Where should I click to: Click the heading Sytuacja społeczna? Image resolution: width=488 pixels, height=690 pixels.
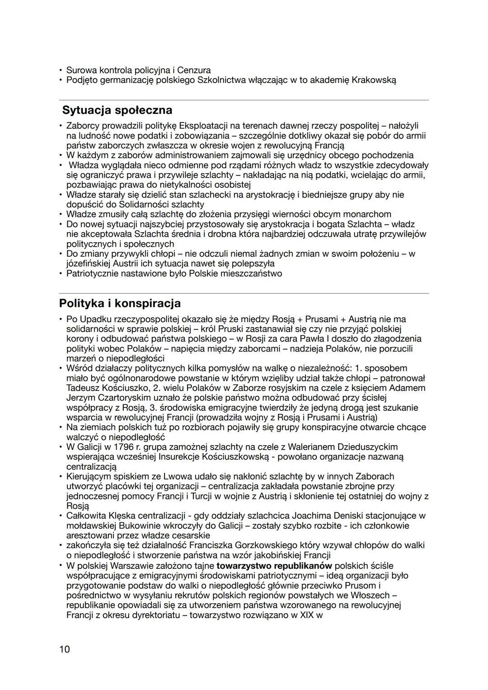[117, 110]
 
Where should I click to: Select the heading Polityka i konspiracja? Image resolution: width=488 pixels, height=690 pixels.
[120, 303]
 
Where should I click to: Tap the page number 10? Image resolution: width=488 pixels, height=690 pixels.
[64, 649]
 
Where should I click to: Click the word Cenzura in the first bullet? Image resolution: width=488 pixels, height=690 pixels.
[194, 70]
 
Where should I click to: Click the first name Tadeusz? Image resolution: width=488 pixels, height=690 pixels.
[83, 388]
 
